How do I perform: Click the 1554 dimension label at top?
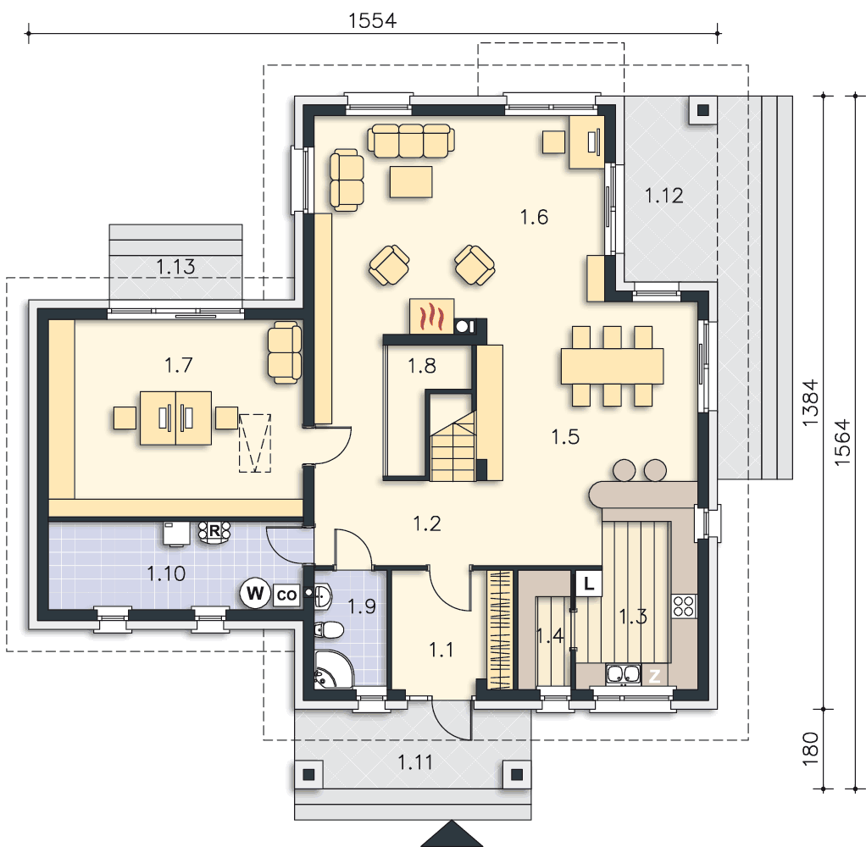point(372,20)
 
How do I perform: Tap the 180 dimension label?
point(810,749)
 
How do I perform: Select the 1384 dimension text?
point(810,402)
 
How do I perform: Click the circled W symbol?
point(254,593)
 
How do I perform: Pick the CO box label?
point(286,595)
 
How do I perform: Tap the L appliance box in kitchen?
point(589,583)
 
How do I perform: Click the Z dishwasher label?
point(654,675)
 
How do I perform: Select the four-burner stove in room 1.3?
point(684,606)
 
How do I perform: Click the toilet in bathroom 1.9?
point(329,629)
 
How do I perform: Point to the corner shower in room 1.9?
point(333,669)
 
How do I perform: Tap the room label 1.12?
point(663,196)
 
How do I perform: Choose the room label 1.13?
point(175,268)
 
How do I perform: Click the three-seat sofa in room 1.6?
point(412,141)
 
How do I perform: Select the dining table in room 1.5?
point(612,366)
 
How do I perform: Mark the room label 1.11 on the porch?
point(415,762)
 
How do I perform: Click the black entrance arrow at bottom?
point(452,834)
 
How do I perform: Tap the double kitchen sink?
point(623,675)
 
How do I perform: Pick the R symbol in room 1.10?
point(214,532)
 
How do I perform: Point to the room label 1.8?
point(422,366)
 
